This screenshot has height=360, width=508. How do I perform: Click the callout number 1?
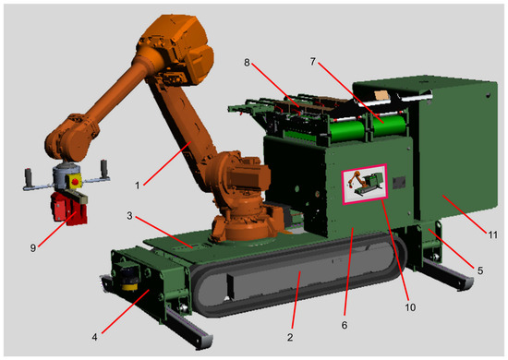click(x=138, y=186)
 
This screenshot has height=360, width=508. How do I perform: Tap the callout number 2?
click(x=290, y=337)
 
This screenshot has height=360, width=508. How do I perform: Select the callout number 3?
click(x=129, y=216)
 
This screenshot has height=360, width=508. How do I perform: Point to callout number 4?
click(x=94, y=337)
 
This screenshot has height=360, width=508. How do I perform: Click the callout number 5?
click(x=479, y=270)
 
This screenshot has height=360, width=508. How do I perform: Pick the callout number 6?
click(x=345, y=325)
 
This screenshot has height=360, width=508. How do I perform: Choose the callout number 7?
click(x=312, y=62)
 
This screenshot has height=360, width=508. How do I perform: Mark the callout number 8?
click(x=247, y=63)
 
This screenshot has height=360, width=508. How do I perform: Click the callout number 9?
click(x=32, y=248)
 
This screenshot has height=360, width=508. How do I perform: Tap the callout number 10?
click(x=410, y=306)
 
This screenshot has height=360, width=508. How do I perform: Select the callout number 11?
click(x=492, y=234)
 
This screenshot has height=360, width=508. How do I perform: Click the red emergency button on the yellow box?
click(x=75, y=181)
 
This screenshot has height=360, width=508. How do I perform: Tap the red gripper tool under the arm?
click(x=69, y=209)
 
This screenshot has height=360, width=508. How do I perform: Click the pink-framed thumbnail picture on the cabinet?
click(x=365, y=185)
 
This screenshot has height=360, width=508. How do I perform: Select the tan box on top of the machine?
click(x=381, y=95)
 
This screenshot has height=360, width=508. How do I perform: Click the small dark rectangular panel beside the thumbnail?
click(x=399, y=183)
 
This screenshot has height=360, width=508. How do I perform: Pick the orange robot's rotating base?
click(x=248, y=225)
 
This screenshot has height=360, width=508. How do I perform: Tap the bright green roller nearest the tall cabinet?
click(x=389, y=126)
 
